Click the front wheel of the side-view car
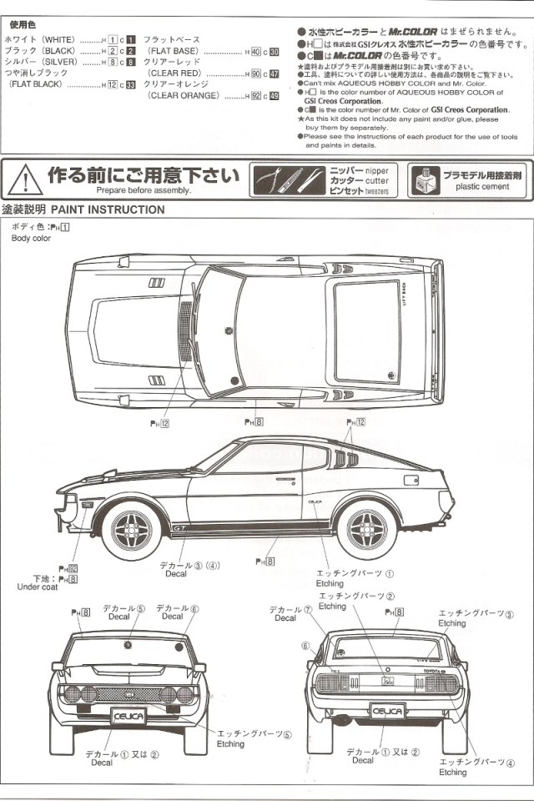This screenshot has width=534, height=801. [x=133, y=525]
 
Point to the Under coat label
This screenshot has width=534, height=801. [x=38, y=587]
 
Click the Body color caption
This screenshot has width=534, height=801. [x=31, y=238]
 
